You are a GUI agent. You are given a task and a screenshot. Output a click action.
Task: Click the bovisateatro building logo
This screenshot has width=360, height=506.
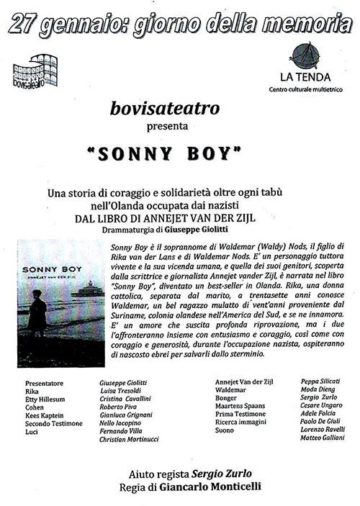pos(37,68)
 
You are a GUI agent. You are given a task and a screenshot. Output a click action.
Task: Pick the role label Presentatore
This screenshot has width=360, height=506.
pos(43,381)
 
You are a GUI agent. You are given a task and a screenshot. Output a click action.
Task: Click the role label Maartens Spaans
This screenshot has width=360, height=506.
pos(241,405)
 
